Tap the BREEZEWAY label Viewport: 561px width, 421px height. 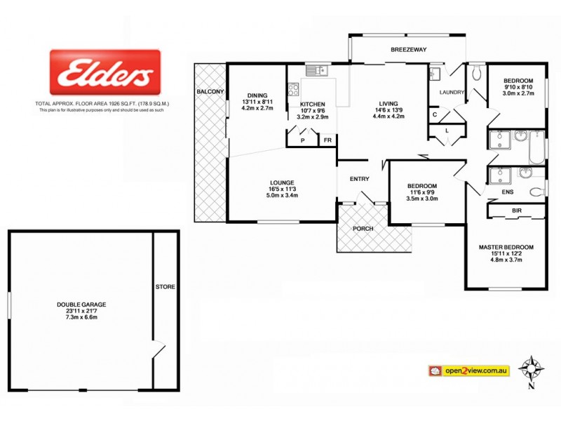pyautogui.click(x=408, y=49)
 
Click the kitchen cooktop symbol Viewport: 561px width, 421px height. pyautogui.click(x=293, y=90)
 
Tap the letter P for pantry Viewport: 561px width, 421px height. pyautogui.click(x=302, y=140)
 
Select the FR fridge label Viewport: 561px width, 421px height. pyautogui.click(x=327, y=140)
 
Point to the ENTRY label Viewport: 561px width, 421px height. pyautogui.click(x=360, y=179)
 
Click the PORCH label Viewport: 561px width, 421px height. pyautogui.click(x=363, y=229)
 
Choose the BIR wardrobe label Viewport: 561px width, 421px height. pyautogui.click(x=516, y=210)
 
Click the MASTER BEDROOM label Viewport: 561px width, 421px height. pyautogui.click(x=506, y=247)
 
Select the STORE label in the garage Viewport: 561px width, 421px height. pyautogui.click(x=165, y=287)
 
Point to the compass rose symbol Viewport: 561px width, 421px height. pyautogui.click(x=531, y=368)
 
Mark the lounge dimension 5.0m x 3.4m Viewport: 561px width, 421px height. pyautogui.click(x=280, y=196)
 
